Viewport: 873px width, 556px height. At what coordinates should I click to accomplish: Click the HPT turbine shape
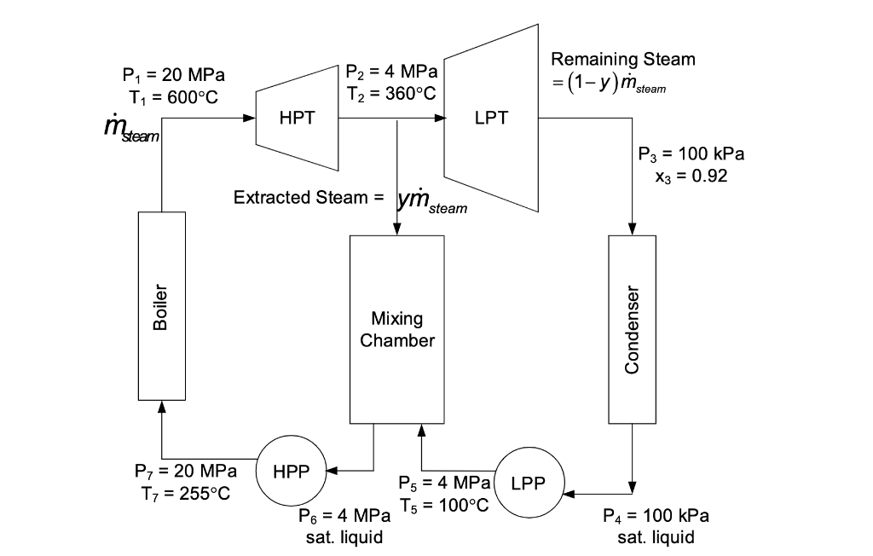click(298, 119)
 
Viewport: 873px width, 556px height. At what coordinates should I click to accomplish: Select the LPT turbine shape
click(491, 119)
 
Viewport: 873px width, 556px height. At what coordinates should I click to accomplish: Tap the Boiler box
click(161, 306)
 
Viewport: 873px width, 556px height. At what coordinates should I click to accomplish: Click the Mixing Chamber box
click(396, 329)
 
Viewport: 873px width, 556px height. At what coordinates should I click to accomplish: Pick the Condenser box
click(632, 329)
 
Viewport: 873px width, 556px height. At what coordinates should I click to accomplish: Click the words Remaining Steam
click(622, 59)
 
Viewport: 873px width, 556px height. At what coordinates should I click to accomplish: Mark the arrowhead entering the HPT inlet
click(250, 119)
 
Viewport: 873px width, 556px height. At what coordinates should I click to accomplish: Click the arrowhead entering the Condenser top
click(632, 229)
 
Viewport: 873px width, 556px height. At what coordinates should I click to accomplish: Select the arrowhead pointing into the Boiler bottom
click(161, 407)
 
